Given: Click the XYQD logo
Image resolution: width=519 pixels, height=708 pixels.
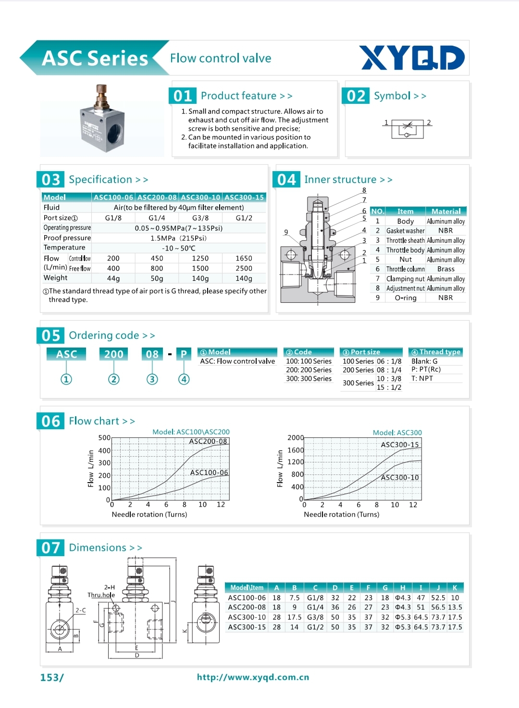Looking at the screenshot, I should point(412,58).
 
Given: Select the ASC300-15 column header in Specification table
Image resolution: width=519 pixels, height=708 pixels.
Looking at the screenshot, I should point(244,197).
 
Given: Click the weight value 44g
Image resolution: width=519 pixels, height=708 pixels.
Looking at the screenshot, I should point(113,278).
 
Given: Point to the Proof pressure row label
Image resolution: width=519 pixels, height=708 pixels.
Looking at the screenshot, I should point(67,238).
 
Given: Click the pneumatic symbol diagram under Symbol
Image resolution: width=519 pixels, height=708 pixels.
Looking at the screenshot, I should point(408,128).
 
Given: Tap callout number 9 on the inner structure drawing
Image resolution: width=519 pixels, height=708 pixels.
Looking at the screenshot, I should point(286,232).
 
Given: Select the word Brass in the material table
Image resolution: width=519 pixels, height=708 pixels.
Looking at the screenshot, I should point(445,269).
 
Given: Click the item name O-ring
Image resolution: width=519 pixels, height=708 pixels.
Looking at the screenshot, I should point(406,298).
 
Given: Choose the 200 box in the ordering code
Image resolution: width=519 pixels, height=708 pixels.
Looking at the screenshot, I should point(114,354).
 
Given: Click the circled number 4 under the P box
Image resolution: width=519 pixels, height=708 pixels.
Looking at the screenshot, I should point(184,379).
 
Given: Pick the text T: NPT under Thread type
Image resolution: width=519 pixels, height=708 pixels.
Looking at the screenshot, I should point(422,378).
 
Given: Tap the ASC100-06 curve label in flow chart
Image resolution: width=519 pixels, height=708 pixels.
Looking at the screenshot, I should point(209,472).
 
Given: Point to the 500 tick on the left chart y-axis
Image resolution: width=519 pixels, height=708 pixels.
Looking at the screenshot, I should point(104,438).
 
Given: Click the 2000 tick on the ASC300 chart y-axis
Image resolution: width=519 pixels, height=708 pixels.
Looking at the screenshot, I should point(296,438).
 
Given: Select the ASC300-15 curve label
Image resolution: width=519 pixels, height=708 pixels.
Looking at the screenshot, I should point(400,445).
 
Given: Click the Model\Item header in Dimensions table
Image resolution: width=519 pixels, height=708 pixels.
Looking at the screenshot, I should point(247,587).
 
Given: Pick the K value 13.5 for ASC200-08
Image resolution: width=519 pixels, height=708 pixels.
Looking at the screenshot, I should point(455,607).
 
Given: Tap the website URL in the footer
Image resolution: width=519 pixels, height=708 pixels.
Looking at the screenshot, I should point(253,677).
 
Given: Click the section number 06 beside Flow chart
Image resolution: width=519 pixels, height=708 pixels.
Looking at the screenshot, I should point(50,422).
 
